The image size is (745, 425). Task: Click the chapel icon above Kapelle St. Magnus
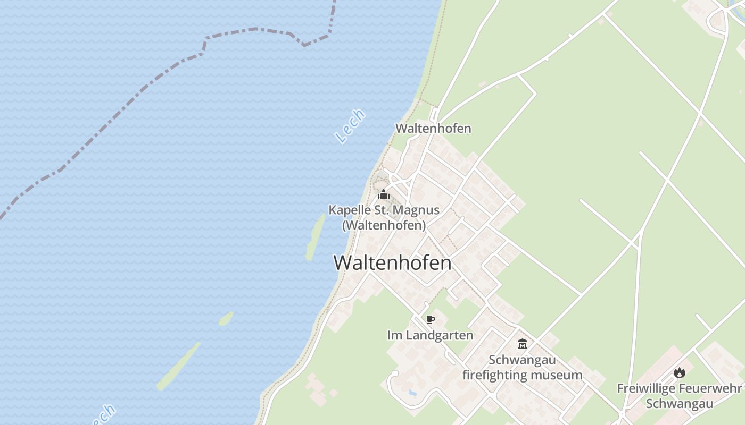[384, 194]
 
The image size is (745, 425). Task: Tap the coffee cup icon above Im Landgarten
[431, 319]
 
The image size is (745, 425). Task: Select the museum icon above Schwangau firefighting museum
[522, 344]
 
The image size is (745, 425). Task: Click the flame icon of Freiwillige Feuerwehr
[680, 372]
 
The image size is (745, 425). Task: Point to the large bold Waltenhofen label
[392, 263]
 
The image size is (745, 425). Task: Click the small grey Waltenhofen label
[433, 129]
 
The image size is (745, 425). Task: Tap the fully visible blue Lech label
[351, 126]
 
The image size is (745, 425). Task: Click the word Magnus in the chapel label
[417, 210]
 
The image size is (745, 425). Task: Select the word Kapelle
[349, 210]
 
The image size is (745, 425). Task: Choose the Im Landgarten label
[430, 335]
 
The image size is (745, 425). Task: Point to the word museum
[560, 375]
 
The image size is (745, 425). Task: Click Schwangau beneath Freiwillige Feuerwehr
[680, 403]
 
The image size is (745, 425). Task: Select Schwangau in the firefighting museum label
[522, 360]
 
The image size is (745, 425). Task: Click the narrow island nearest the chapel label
[315, 237]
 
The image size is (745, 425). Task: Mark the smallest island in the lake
[226, 319]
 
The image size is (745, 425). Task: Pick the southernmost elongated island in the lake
[178, 367]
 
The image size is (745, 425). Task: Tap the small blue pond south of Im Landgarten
[412, 393]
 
